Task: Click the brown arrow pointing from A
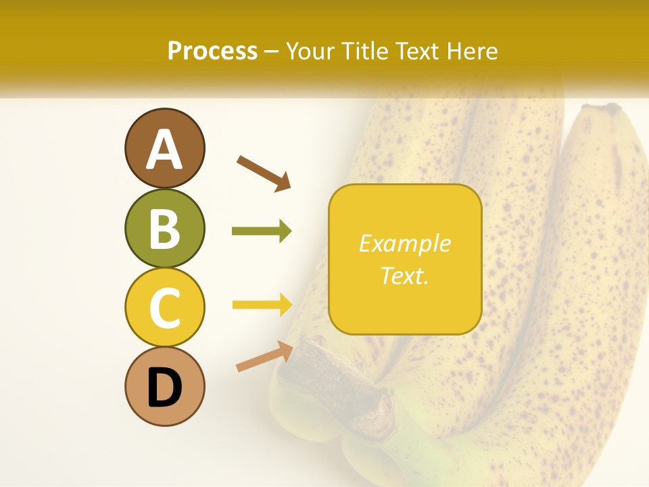point(264,172)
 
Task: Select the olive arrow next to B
point(261,231)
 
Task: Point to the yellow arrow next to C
point(262,305)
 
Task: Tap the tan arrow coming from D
point(264,356)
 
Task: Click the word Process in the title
point(212,51)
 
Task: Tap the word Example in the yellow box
point(404,243)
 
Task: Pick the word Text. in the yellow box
point(404,275)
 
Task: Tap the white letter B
point(164,229)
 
